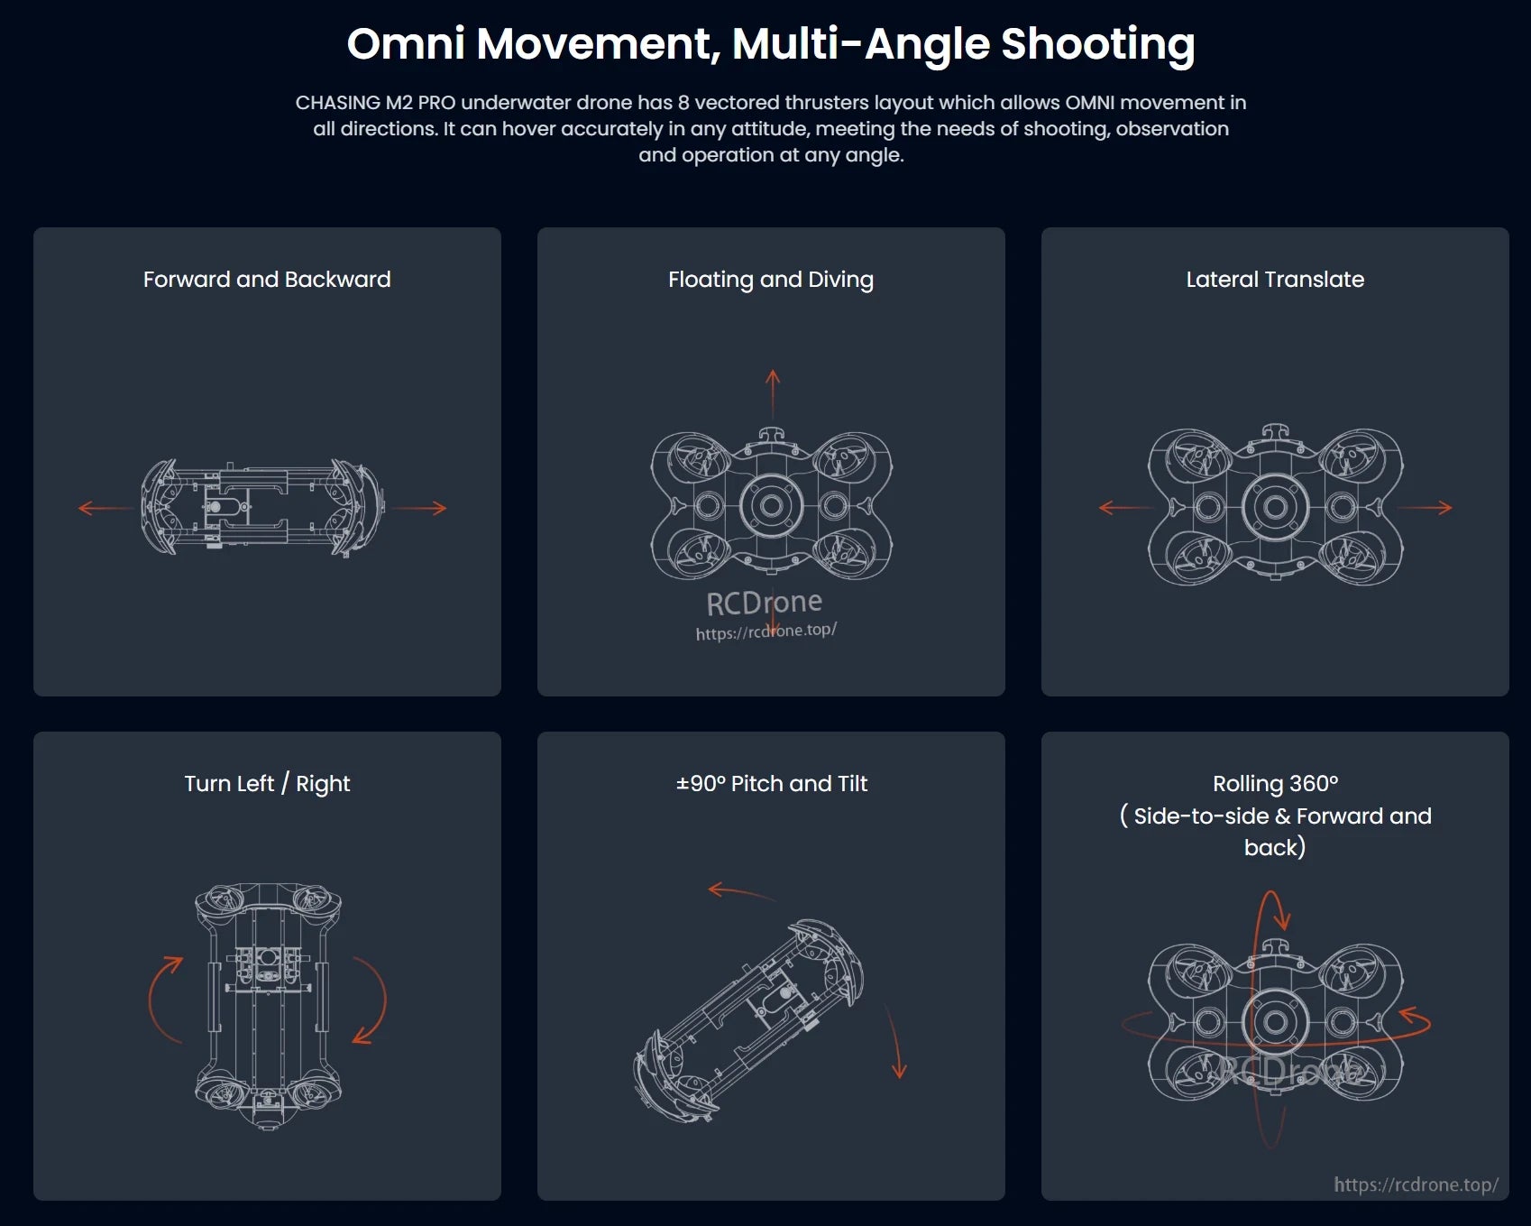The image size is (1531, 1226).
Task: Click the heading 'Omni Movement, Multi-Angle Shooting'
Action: click(771, 44)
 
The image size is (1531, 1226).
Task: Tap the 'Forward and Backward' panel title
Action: click(267, 280)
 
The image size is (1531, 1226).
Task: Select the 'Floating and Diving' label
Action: click(771, 280)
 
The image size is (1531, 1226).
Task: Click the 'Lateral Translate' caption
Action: click(1275, 280)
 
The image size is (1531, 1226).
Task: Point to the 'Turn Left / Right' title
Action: click(267, 784)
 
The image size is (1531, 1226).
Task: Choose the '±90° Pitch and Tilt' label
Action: click(771, 784)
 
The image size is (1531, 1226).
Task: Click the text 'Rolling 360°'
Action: click(1275, 784)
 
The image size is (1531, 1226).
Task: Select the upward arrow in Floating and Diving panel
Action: click(773, 392)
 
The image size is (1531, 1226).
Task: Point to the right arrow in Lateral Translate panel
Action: click(1426, 508)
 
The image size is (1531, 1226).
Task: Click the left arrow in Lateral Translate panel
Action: click(1123, 508)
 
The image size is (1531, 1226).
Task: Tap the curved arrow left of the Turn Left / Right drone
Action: click(160, 997)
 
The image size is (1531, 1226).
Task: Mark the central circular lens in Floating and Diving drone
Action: click(771, 505)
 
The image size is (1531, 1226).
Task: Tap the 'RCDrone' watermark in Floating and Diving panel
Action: click(764, 603)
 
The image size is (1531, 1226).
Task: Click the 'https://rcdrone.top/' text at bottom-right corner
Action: click(1416, 1185)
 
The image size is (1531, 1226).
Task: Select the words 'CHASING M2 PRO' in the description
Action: click(375, 103)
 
